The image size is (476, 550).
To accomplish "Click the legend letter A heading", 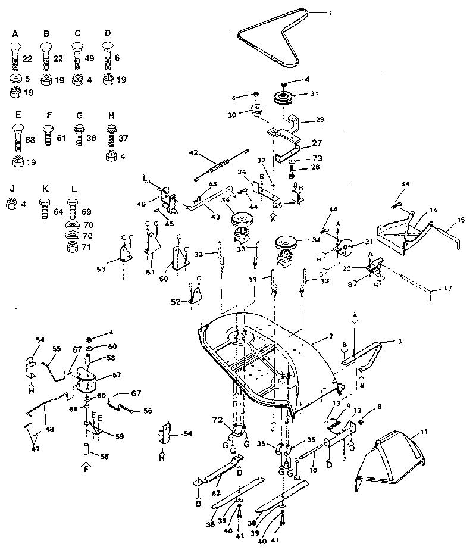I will click(15, 34).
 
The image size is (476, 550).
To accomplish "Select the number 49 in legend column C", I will click(89, 58).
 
